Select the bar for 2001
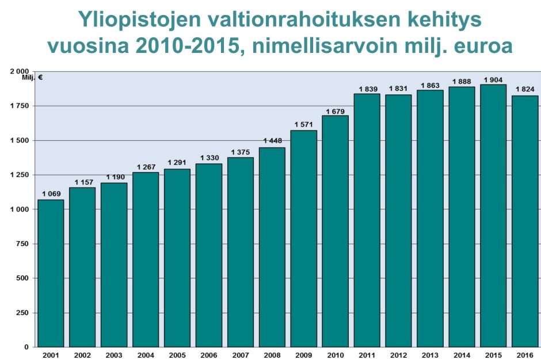tap(51, 273)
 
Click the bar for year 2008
tap(272, 247)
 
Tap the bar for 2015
tap(493, 216)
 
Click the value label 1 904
tap(493, 80)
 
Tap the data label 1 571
tap(303, 125)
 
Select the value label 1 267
tap(146, 167)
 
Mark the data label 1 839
tap(367, 89)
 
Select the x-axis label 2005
tap(177, 354)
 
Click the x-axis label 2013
tap(430, 354)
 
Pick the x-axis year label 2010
tap(335, 354)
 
